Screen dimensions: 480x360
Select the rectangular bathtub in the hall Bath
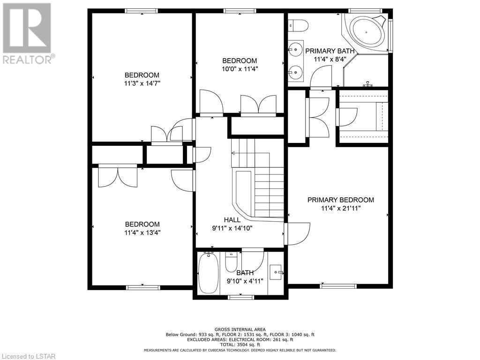click(x=209, y=273)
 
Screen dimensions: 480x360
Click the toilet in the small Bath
click(x=232, y=262)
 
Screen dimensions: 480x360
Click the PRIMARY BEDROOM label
click(x=341, y=200)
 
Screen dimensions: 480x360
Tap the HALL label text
click(x=232, y=220)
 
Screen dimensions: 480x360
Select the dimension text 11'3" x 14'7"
click(x=142, y=83)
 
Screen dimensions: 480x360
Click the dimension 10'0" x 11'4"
click(x=240, y=69)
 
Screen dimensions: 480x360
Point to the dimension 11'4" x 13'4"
click(x=142, y=232)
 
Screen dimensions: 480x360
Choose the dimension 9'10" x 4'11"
click(x=245, y=281)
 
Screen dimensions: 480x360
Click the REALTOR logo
click(x=28, y=33)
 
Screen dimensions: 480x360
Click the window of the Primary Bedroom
click(x=338, y=286)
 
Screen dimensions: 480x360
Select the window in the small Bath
click(x=241, y=297)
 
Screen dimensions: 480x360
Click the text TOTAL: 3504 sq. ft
click(x=240, y=345)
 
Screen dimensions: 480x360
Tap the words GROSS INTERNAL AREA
click(x=240, y=330)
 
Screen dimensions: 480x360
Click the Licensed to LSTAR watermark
click(x=28, y=356)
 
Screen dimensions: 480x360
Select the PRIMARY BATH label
click(x=330, y=51)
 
